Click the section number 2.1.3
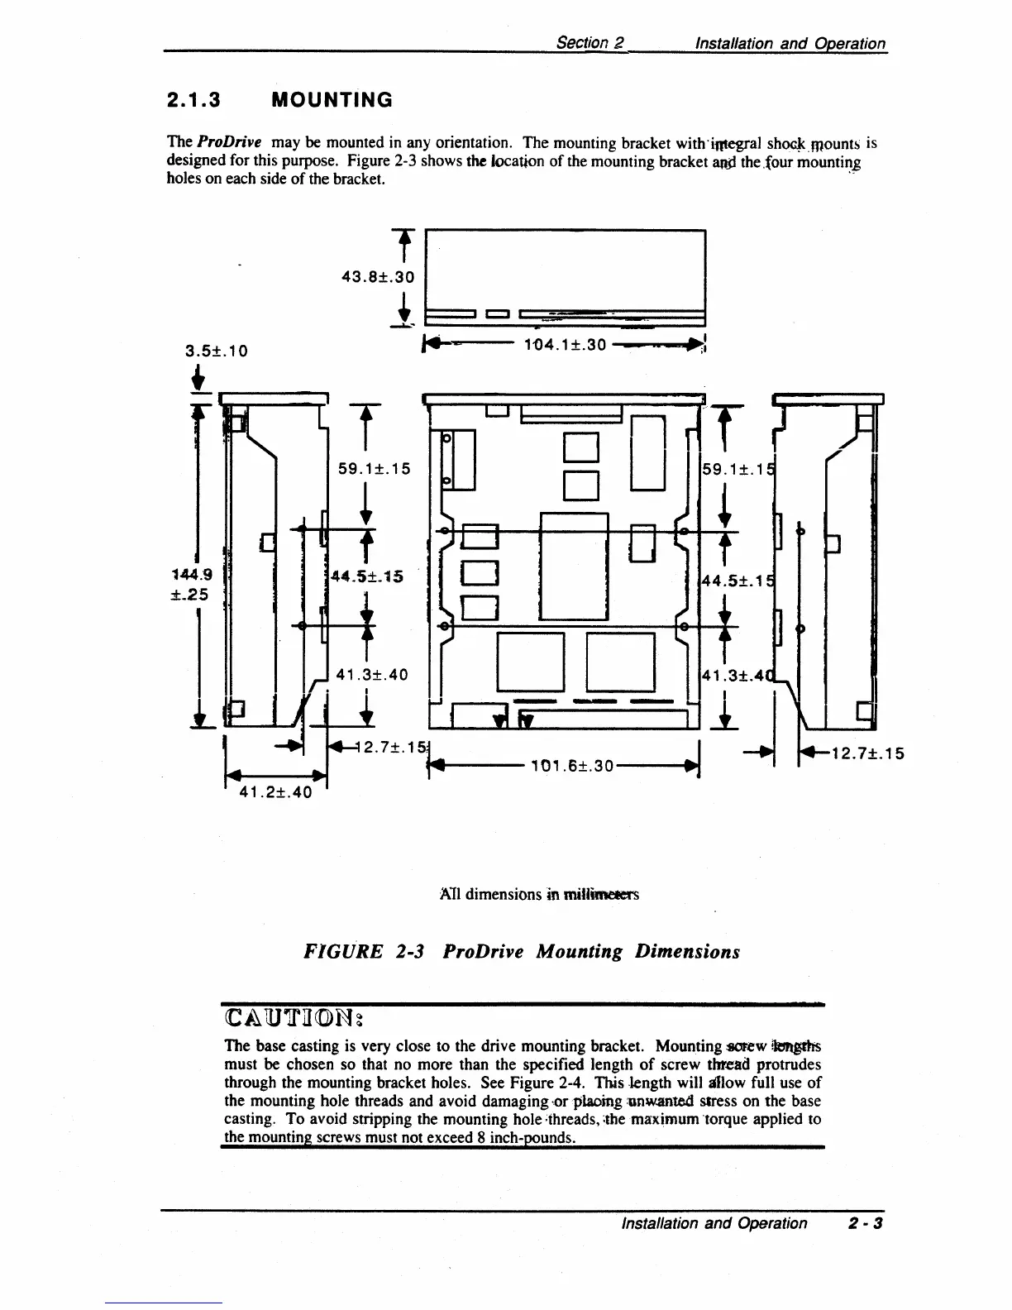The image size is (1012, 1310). (x=193, y=101)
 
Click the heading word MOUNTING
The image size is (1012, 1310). (x=332, y=101)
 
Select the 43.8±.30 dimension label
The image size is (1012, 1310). (x=378, y=278)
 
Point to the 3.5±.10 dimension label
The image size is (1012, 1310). (x=216, y=351)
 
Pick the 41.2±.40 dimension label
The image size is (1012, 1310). (x=275, y=792)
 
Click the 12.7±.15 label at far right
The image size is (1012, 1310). (x=868, y=753)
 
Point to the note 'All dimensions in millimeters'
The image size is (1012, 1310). (x=540, y=894)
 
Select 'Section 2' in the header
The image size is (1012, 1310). (x=590, y=43)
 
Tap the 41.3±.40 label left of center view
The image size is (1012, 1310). (x=372, y=675)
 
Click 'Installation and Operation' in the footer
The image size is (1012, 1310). (x=714, y=1223)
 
